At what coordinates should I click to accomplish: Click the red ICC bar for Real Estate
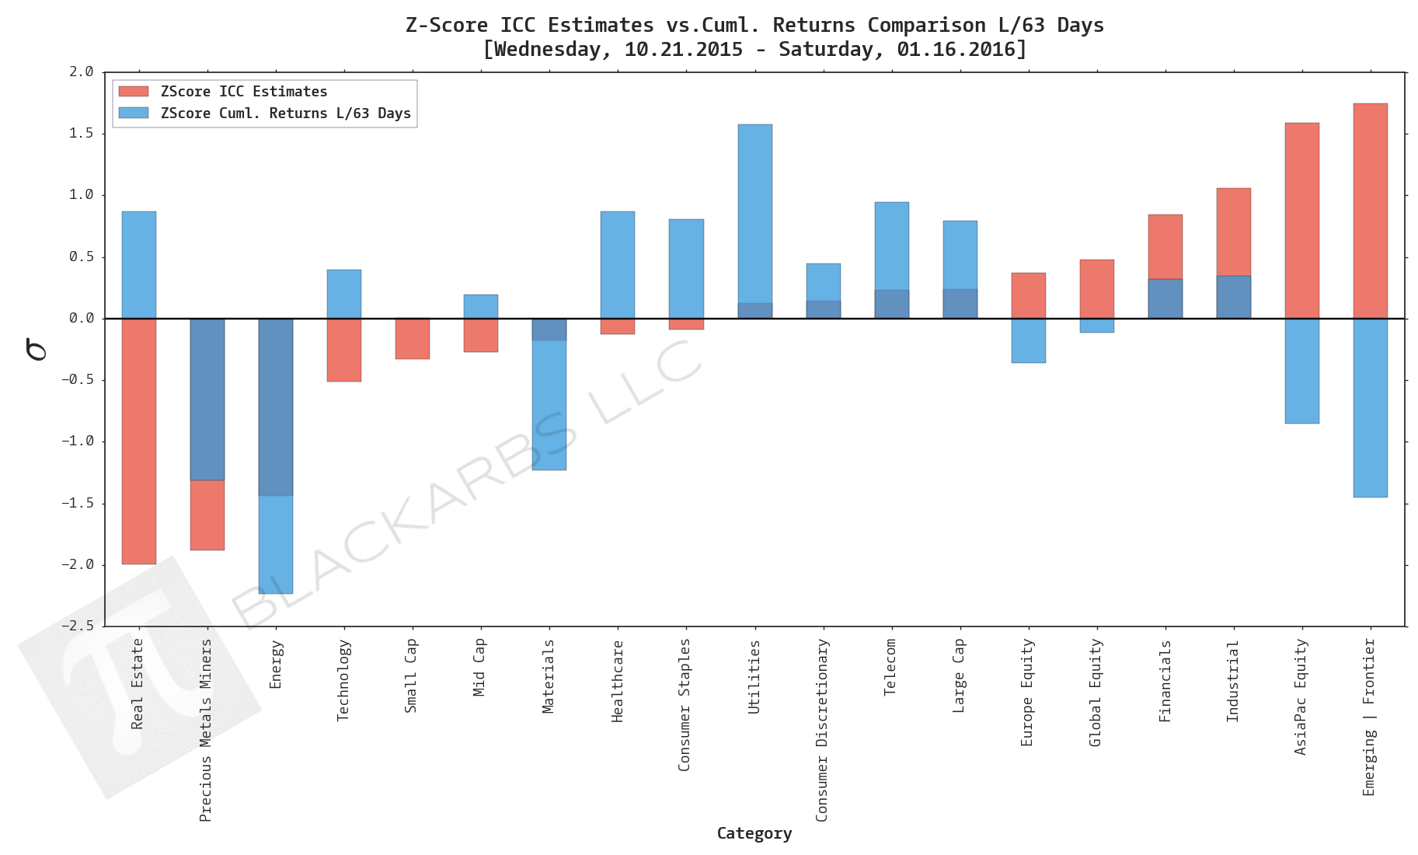click(139, 441)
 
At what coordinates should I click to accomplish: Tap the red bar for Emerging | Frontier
click(1370, 211)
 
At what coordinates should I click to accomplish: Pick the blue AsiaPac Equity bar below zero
click(1301, 371)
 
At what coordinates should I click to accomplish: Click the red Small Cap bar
click(413, 339)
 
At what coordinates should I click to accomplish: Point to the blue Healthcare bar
click(618, 264)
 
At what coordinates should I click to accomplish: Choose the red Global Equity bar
click(1096, 288)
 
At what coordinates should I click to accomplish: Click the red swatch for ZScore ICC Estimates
click(134, 92)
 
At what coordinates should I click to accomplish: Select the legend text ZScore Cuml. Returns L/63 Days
click(285, 113)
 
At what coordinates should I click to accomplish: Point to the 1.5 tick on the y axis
click(81, 133)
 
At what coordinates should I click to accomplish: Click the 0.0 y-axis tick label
click(81, 318)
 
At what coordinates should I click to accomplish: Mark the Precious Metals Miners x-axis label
click(206, 730)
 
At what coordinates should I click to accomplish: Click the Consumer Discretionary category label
click(822, 730)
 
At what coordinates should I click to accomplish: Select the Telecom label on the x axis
click(890, 667)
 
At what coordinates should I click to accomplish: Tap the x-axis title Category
click(754, 833)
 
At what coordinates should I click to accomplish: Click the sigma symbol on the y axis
click(37, 349)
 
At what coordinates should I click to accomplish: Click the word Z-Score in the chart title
click(446, 25)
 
